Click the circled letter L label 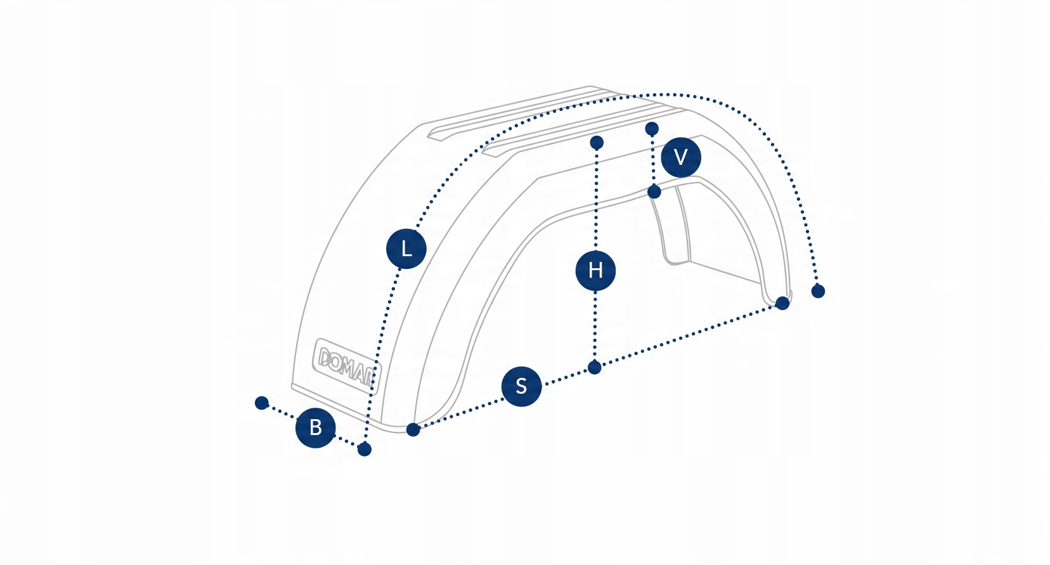[x=406, y=248]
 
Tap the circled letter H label [x=595, y=271]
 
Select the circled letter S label [x=521, y=386]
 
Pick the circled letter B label [x=315, y=427]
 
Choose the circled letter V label [x=680, y=157]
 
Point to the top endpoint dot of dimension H [x=596, y=143]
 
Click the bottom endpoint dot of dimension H [x=594, y=367]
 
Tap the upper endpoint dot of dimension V [x=652, y=129]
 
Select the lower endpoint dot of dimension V [x=654, y=192]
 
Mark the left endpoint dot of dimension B [x=262, y=403]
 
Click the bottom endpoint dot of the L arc [x=364, y=449]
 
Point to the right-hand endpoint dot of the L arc [x=818, y=291]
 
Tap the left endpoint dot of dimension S [x=413, y=429]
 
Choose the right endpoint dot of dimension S [x=782, y=303]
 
